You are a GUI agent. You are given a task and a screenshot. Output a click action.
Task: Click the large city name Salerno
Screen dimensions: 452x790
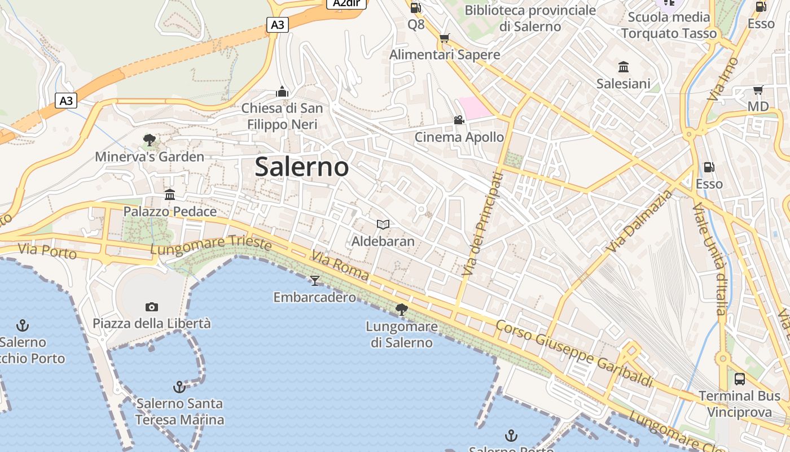click(302, 167)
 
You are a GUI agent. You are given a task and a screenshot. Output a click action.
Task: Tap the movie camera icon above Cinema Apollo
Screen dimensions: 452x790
click(459, 120)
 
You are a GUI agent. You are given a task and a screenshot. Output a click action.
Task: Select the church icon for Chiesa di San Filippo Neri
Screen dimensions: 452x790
click(282, 92)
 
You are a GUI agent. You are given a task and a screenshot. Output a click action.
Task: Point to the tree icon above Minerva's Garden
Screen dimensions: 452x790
click(150, 140)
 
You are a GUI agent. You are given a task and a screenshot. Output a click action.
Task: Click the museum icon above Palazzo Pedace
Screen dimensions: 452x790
click(170, 195)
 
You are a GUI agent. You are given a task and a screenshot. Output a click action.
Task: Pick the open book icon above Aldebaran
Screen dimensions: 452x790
click(383, 225)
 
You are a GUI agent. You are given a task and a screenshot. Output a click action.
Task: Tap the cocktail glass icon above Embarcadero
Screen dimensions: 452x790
click(315, 280)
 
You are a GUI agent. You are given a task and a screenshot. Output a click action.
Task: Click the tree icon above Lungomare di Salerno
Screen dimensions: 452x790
click(402, 310)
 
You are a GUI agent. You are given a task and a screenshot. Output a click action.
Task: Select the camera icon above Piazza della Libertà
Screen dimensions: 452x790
click(151, 307)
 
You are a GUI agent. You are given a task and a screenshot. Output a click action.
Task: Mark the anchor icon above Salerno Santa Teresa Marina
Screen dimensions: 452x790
click(179, 387)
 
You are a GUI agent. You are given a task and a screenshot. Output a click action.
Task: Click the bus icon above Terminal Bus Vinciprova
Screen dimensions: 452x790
click(740, 379)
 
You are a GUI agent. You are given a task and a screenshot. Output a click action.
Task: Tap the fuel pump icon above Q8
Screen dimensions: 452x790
click(416, 8)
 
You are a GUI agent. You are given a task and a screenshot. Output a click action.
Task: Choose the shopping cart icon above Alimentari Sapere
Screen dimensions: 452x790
click(445, 38)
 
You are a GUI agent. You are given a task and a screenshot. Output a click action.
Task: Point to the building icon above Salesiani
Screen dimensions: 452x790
click(624, 67)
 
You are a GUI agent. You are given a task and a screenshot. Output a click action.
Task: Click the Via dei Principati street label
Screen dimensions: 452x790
click(481, 224)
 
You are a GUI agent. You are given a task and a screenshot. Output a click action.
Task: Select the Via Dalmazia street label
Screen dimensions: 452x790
click(641, 221)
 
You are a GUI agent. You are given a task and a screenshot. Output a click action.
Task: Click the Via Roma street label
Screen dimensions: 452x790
click(340, 268)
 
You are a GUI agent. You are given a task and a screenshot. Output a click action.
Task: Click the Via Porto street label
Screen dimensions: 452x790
click(47, 251)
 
